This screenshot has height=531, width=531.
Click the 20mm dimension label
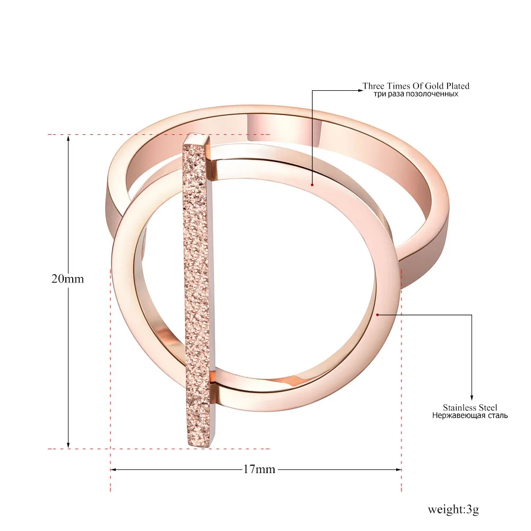pos(67,279)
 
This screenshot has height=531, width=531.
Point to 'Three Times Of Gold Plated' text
pos(416,85)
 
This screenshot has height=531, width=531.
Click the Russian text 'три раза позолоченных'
pos(416,93)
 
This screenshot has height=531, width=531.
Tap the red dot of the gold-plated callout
pos(312,185)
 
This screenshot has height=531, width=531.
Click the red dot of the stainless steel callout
pos(378,315)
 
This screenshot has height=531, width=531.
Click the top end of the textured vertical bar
pos(198,136)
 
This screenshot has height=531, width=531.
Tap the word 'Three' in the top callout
pos(373,85)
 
